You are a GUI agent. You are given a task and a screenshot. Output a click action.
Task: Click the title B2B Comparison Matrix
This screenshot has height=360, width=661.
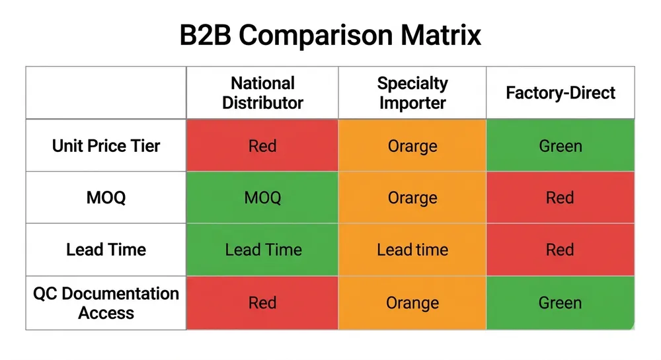(x=330, y=35)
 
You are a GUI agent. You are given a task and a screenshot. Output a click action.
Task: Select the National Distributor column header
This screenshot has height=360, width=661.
(x=262, y=93)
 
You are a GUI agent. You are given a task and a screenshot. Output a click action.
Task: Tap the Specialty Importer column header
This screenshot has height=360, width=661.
(x=412, y=93)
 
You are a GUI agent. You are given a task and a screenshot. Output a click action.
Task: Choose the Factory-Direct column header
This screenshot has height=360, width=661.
(x=561, y=93)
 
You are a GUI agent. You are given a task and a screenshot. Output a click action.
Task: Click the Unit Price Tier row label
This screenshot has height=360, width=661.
(x=106, y=145)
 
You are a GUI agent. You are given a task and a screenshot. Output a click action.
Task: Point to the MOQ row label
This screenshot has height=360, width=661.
(x=106, y=198)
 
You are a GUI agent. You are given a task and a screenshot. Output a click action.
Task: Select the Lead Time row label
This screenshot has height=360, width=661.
(x=106, y=250)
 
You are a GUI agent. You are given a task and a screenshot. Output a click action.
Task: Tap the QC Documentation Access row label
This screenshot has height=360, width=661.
(x=106, y=303)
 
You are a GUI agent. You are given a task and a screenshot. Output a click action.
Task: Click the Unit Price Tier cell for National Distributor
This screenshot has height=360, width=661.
(x=262, y=145)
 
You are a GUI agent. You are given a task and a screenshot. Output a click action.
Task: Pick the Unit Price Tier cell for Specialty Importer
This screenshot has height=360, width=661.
(x=412, y=145)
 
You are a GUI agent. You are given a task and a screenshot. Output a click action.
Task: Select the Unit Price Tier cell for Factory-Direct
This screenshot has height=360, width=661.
(x=561, y=145)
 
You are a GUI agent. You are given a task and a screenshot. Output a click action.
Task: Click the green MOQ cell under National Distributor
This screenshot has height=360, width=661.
(x=262, y=198)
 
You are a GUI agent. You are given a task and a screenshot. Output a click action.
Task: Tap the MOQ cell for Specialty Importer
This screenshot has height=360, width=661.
(x=412, y=198)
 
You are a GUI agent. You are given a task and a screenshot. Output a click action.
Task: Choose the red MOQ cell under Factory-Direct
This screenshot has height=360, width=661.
(x=561, y=198)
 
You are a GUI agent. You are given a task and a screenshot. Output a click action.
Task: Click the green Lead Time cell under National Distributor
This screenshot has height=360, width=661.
(x=262, y=250)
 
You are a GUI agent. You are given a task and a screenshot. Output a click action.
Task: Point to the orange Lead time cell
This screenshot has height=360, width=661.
(x=412, y=250)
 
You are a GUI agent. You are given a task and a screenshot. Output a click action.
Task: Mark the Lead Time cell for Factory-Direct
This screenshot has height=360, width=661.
(x=561, y=250)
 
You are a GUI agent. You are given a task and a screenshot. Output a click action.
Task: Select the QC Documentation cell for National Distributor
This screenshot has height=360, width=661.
(x=262, y=303)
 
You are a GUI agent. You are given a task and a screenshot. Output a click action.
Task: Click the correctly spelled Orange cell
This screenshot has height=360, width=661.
(x=412, y=303)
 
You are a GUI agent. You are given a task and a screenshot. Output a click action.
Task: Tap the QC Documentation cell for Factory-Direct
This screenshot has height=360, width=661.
(x=561, y=303)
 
